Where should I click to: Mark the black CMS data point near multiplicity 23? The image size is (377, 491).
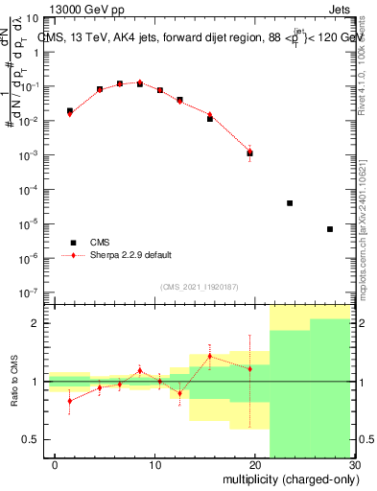coord(290,203)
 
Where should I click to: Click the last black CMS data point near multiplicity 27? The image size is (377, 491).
coord(330,229)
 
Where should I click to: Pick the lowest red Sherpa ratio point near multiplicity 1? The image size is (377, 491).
coord(70,401)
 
